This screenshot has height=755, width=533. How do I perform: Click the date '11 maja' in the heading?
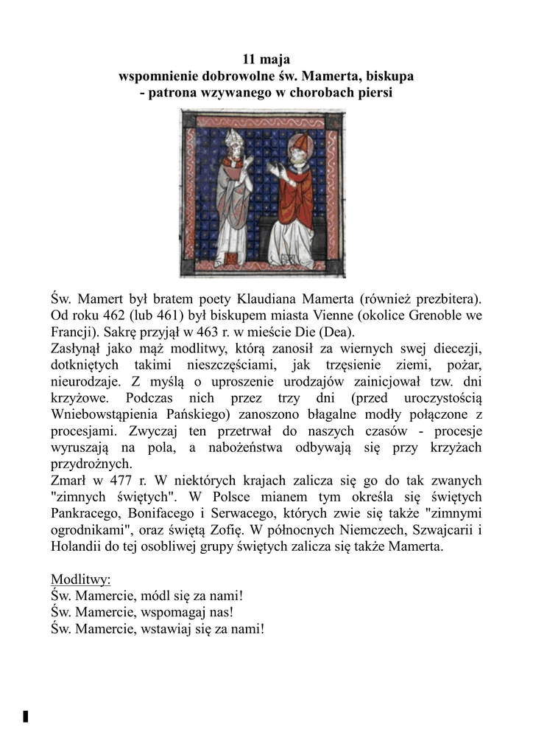point(266,59)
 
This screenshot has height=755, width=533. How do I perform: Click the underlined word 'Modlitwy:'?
point(81,578)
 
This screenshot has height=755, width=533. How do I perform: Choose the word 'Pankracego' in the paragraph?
point(88,512)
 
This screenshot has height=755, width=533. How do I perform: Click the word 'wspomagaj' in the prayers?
point(167,611)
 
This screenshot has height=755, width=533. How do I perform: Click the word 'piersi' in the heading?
point(375,93)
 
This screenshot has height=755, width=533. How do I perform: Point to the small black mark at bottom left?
point(26,716)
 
